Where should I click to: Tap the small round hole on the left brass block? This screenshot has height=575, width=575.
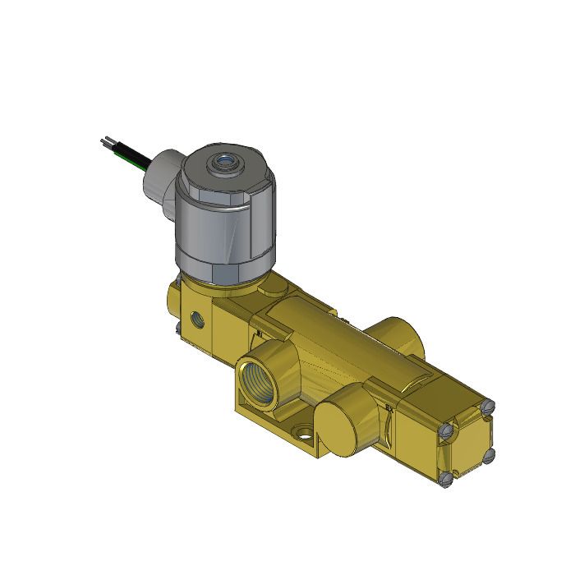[x=196, y=318]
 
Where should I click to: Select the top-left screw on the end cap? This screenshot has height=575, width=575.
[x=445, y=430]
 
